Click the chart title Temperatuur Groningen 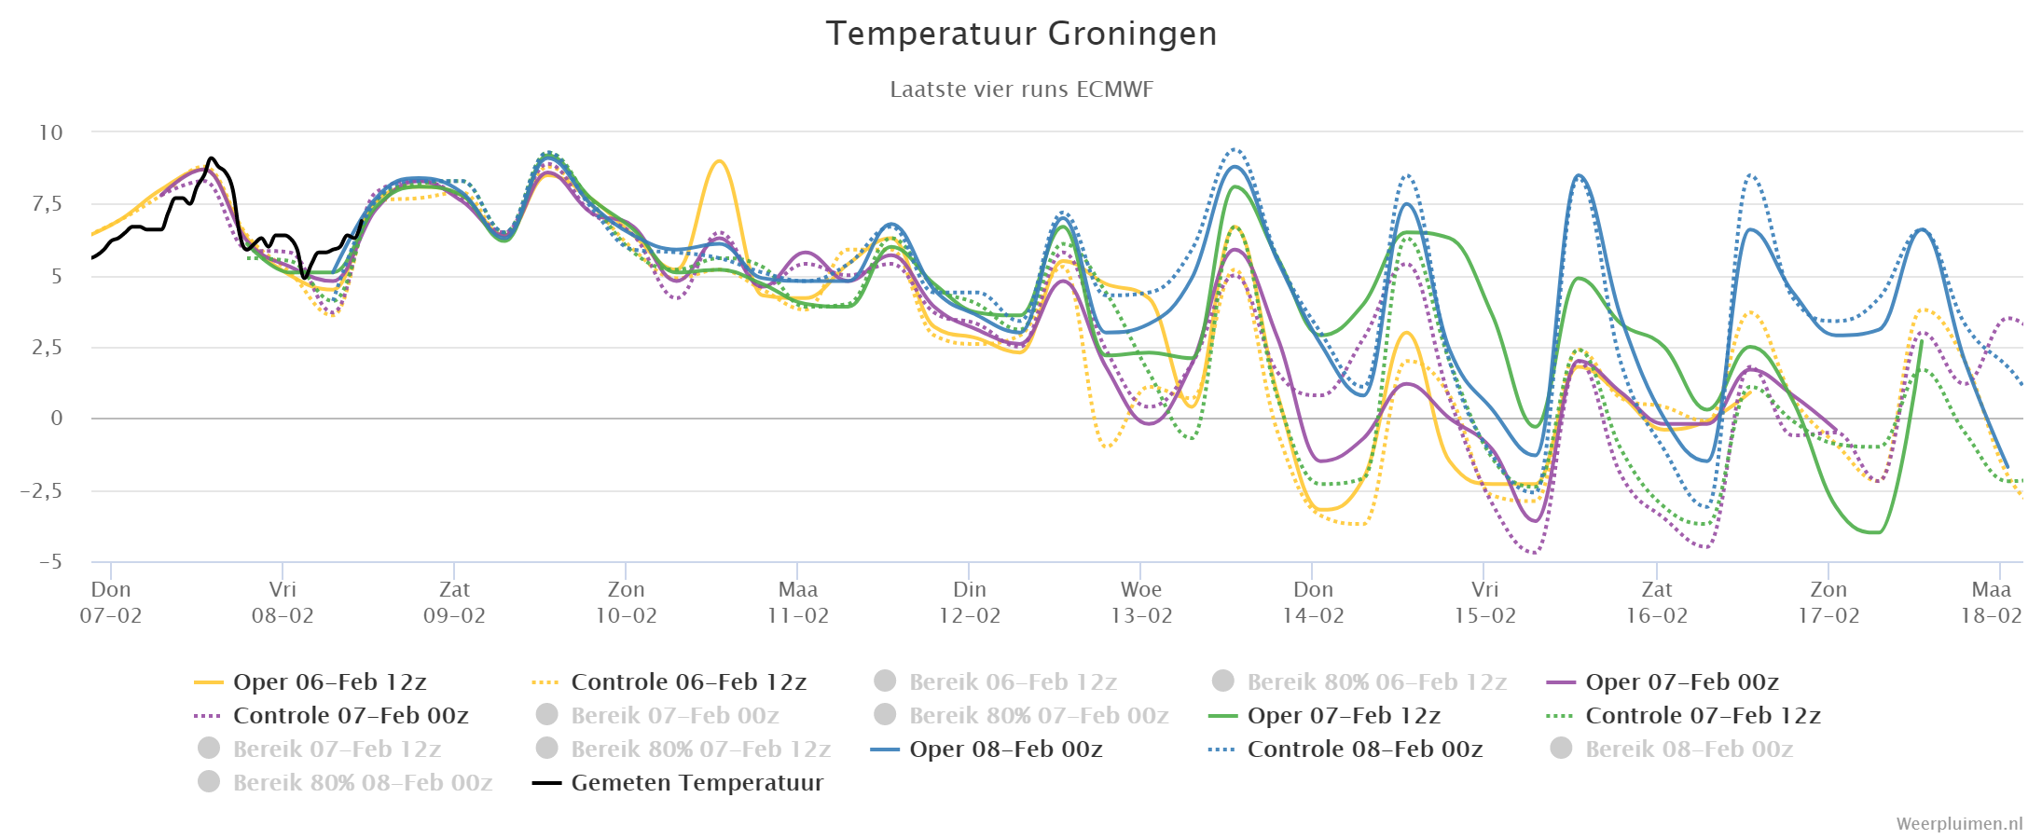pyautogui.click(x=1021, y=34)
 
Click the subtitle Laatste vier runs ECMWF pyautogui.click(x=1021, y=89)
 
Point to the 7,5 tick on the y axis pyautogui.click(x=48, y=204)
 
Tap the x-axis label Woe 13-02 pyautogui.click(x=1141, y=602)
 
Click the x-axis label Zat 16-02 pyautogui.click(x=1657, y=602)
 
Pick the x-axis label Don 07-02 pyautogui.click(x=111, y=602)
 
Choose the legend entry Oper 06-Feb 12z pyautogui.click(x=310, y=682)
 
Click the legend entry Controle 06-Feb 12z pyautogui.click(x=669, y=682)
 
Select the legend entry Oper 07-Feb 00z pyautogui.click(x=1663, y=682)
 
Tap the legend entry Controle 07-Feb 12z pyautogui.click(x=1683, y=716)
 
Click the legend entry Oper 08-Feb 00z pyautogui.click(x=987, y=750)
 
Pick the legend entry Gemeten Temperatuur pyautogui.click(x=678, y=783)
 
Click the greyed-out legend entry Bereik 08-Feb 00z pyautogui.click(x=1672, y=750)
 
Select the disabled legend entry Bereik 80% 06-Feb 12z pyautogui.click(x=1359, y=682)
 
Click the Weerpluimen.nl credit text pyautogui.click(x=1959, y=824)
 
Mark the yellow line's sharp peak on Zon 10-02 pyautogui.click(x=719, y=161)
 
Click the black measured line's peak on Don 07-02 pyautogui.click(x=212, y=158)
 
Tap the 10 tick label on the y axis pyautogui.click(x=50, y=132)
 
